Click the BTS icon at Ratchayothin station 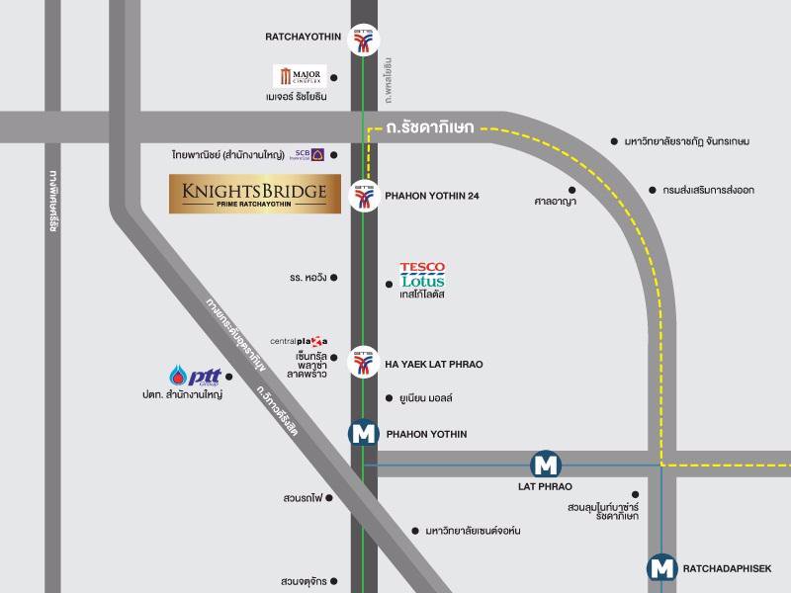[365, 37]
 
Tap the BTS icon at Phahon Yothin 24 [365, 195]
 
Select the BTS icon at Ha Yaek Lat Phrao [365, 364]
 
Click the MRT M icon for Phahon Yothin [364, 434]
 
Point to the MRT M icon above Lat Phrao [545, 464]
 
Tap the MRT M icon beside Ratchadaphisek [661, 568]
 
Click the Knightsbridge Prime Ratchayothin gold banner [255, 194]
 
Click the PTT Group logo [194, 377]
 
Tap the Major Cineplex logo [300, 76]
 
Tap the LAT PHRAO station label [545, 486]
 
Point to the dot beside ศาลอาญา [571, 187]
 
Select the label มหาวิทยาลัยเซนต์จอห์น [473, 531]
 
